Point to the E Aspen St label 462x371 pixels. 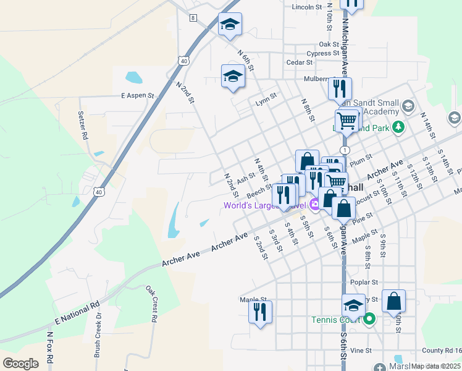click(136, 96)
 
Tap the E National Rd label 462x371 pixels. click(77, 312)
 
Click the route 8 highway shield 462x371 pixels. click(193, 18)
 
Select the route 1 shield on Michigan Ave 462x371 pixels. click(345, 150)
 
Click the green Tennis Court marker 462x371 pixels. click(369, 320)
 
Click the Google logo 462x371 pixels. click(20, 363)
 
